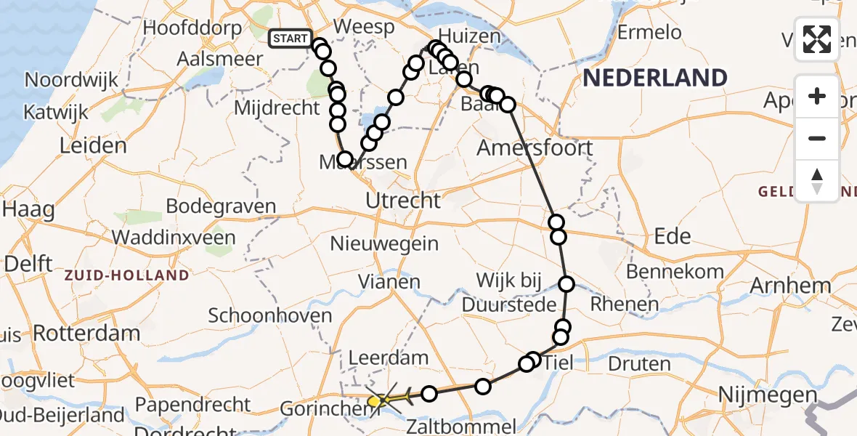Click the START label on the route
291,39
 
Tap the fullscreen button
817,40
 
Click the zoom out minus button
817,138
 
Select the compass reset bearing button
817,180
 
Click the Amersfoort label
535,148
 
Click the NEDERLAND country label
654,78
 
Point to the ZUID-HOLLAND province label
126,275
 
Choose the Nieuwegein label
384,243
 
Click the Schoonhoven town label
270,315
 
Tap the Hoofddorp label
192,28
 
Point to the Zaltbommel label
462,427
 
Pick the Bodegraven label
221,206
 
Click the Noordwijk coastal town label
71,79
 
